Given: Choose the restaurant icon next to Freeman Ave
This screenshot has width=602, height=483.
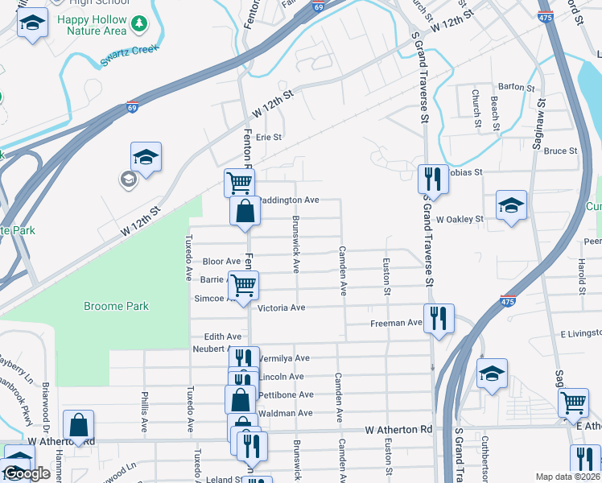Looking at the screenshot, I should (439, 317).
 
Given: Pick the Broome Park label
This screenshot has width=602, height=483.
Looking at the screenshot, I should (117, 307).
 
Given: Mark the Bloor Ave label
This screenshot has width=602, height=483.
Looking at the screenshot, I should (221, 262).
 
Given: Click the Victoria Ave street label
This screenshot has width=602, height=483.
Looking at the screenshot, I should (281, 308).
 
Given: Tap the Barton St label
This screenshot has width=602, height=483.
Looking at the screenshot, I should (516, 87).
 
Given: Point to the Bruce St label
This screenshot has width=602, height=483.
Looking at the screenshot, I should (560, 151).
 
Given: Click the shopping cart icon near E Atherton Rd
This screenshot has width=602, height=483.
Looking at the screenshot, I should (573, 402).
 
